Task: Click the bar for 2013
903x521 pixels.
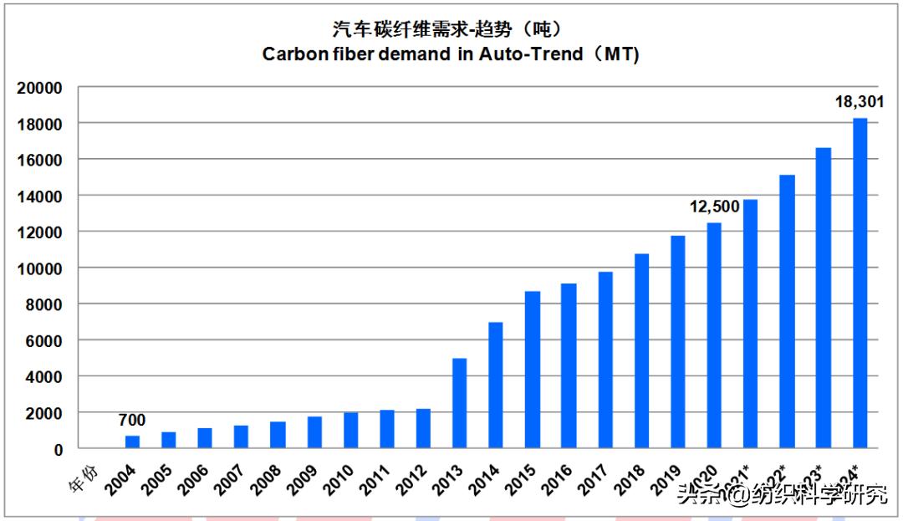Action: pos(459,403)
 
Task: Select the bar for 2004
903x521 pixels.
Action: pos(132,442)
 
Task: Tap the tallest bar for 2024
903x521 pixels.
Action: pos(860,283)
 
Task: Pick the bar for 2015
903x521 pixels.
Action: pos(533,370)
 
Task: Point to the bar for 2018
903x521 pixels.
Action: pos(641,351)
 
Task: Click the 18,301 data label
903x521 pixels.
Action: pos(859,103)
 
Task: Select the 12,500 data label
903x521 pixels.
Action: pos(716,206)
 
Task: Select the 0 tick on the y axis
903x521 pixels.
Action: pos(58,449)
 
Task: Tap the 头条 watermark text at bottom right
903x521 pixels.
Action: pos(693,494)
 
